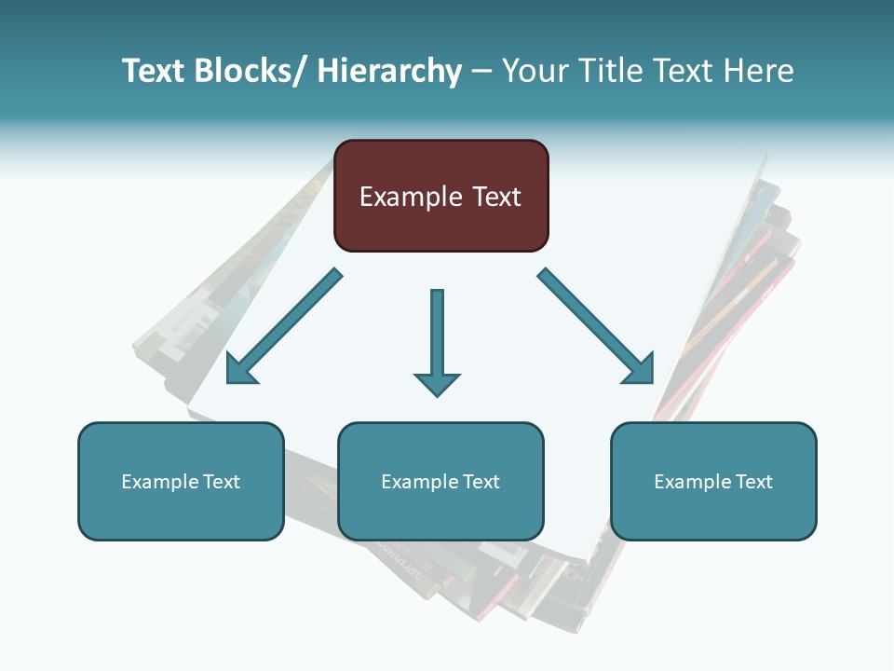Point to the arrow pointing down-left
pyautogui.click(x=284, y=326)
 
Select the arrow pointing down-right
pyautogui.click(x=596, y=326)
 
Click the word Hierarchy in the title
pyautogui.click(x=389, y=71)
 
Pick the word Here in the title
pyautogui.click(x=759, y=71)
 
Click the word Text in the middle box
pyautogui.click(x=481, y=482)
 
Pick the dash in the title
pyautogui.click(x=481, y=72)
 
